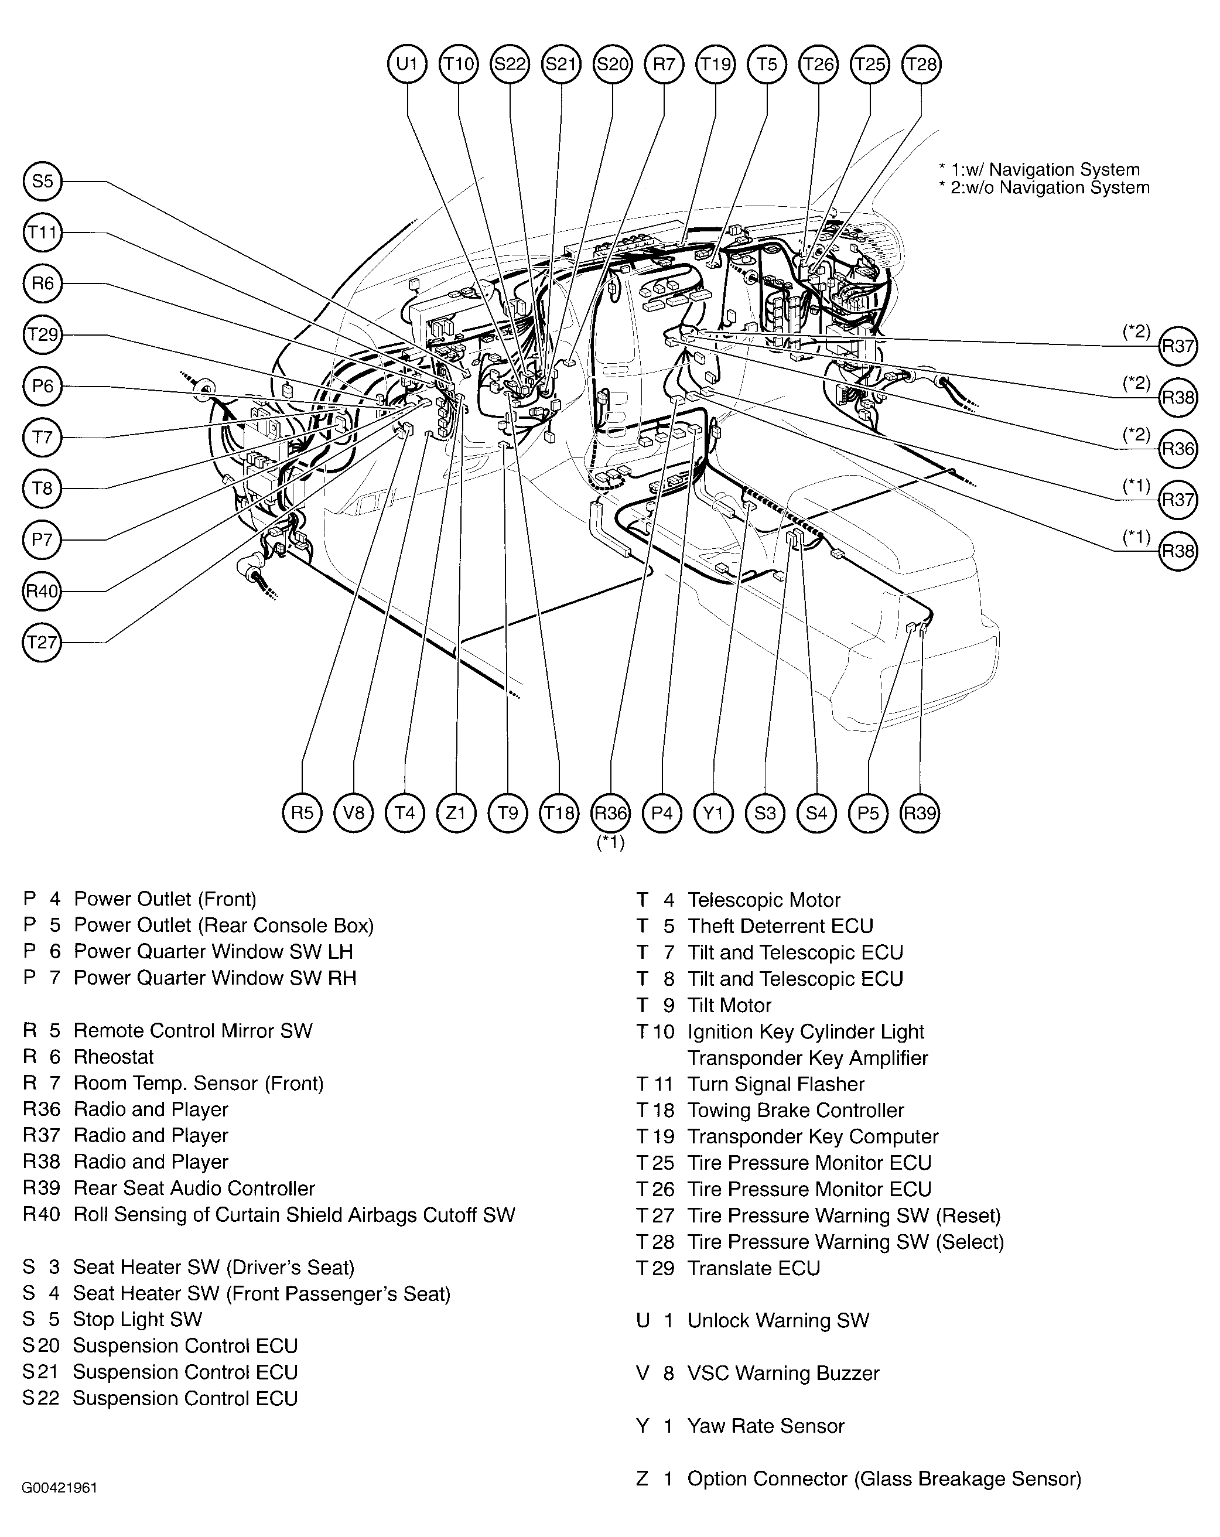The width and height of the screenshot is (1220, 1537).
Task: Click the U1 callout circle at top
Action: click(x=406, y=64)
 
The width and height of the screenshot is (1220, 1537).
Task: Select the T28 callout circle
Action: click(x=921, y=64)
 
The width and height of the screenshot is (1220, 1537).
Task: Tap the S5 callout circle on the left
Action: click(x=42, y=181)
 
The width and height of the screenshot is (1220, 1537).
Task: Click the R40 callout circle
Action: click(x=42, y=591)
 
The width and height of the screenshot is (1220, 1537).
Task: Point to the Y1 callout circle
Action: click(x=713, y=812)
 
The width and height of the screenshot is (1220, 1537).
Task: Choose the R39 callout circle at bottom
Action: click(x=919, y=812)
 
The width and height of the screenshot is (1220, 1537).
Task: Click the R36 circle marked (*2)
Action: click(x=1177, y=449)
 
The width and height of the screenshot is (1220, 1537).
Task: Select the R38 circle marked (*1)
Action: click(x=1177, y=551)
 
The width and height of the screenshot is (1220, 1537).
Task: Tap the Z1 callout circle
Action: click(x=456, y=812)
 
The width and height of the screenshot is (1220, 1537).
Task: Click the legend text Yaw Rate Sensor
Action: click(x=765, y=1426)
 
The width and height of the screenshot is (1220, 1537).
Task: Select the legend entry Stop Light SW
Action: click(x=137, y=1319)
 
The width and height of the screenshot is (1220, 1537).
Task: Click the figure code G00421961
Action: click(x=60, y=1488)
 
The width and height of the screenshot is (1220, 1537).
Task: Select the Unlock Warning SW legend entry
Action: click(x=777, y=1320)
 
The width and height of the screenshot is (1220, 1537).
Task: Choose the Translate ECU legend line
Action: click(x=753, y=1268)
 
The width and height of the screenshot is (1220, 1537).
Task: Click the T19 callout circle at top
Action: click(x=715, y=64)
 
